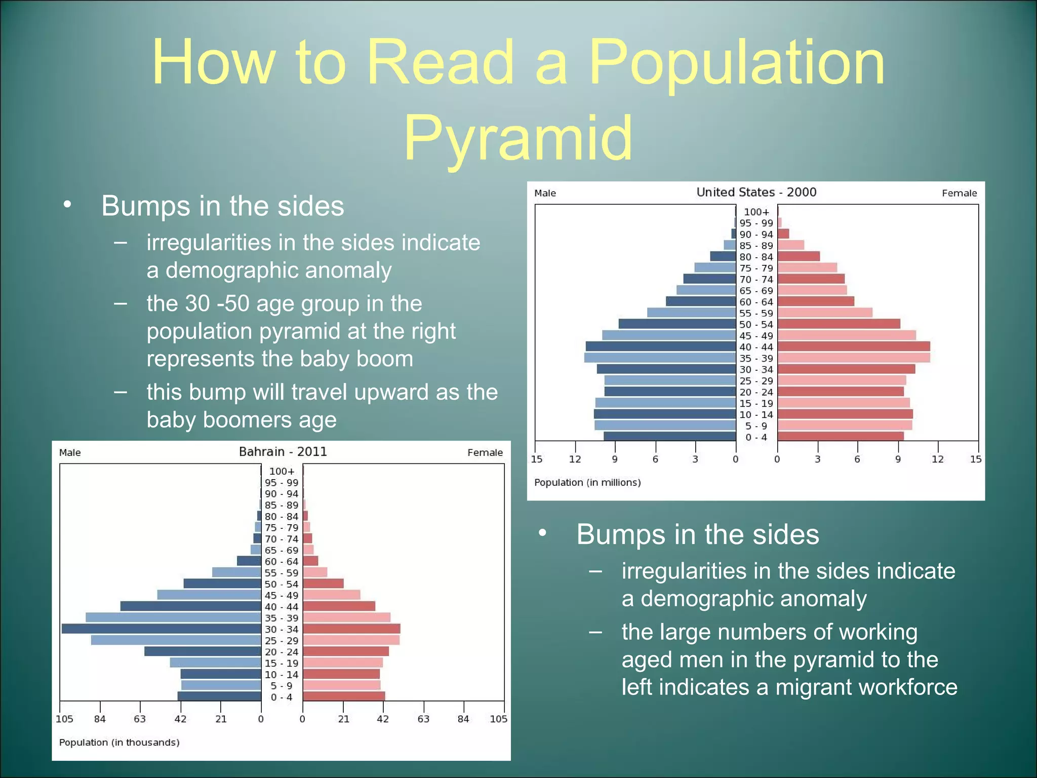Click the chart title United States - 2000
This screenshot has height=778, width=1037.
(x=756, y=192)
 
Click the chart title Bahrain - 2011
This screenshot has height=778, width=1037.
(x=283, y=452)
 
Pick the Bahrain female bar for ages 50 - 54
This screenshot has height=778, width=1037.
(x=323, y=584)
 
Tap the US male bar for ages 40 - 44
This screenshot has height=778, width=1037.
(x=660, y=347)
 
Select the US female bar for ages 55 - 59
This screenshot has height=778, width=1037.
(x=825, y=313)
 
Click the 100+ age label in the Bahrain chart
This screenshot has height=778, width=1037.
(x=282, y=472)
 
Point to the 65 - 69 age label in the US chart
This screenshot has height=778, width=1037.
(x=756, y=291)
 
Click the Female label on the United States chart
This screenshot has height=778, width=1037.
(x=959, y=193)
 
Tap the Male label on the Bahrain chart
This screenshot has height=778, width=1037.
(x=70, y=453)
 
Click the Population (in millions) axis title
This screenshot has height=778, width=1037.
(x=587, y=483)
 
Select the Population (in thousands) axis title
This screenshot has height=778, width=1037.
(x=119, y=743)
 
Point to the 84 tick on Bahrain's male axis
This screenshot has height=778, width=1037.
(x=100, y=719)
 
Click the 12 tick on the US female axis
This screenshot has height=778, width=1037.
(x=937, y=459)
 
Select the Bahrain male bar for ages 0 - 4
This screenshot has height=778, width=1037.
(x=219, y=697)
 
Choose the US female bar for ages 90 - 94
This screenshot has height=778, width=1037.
(x=783, y=234)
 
